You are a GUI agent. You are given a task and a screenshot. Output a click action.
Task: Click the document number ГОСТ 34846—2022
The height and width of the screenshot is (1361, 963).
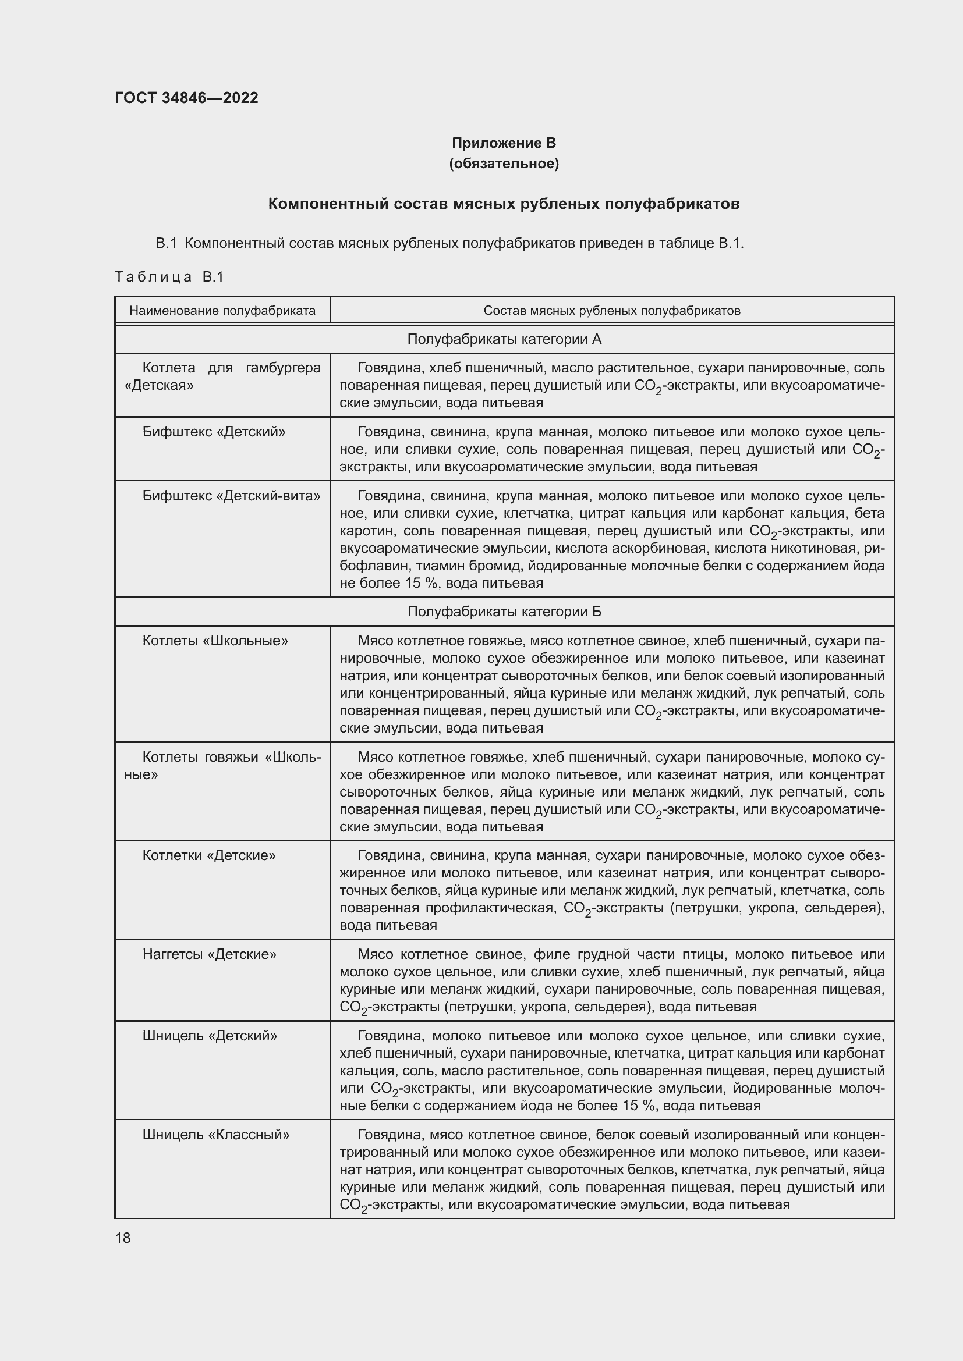(x=186, y=98)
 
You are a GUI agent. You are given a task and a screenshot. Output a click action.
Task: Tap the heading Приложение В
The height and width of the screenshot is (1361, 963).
(x=504, y=143)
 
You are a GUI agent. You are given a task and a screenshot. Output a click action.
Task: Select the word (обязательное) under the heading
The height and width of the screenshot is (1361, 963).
(x=504, y=163)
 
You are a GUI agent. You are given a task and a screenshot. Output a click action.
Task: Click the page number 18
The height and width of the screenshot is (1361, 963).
(x=123, y=1238)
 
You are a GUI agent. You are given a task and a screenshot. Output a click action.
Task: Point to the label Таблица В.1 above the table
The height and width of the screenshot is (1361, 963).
(x=169, y=277)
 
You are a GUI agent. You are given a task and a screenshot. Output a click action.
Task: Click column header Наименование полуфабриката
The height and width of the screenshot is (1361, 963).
(x=222, y=311)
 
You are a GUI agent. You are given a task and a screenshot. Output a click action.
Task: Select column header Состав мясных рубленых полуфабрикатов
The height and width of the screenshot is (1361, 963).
(x=611, y=311)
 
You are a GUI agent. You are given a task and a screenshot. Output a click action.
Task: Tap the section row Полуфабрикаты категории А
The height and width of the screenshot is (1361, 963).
(x=504, y=339)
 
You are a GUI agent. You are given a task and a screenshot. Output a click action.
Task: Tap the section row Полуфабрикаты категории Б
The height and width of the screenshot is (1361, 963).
(x=504, y=611)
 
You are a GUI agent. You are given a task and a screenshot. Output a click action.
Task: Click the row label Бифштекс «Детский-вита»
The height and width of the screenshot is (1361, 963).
(x=231, y=496)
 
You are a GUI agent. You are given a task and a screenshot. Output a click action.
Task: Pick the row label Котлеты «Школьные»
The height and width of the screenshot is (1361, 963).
(x=215, y=640)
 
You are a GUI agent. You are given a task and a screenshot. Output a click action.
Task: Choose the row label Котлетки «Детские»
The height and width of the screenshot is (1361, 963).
(x=209, y=855)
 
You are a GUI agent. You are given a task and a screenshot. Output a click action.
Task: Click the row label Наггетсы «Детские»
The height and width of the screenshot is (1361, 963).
(x=210, y=954)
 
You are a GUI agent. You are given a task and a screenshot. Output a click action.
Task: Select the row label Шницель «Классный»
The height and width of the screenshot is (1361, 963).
(x=216, y=1135)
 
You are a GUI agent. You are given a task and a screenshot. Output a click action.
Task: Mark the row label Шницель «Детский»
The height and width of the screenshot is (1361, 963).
(x=210, y=1036)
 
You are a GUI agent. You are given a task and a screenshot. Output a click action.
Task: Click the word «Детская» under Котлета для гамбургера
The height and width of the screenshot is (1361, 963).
(x=159, y=385)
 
